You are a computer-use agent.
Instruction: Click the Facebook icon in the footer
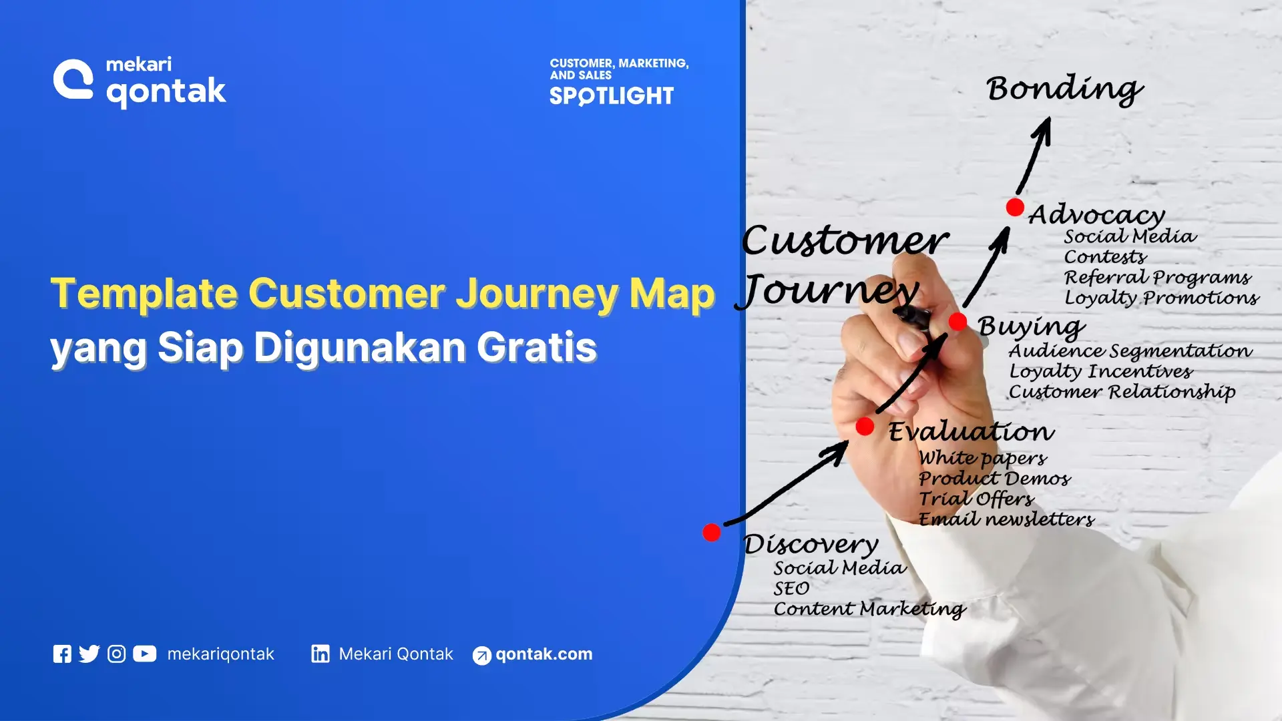tap(62, 654)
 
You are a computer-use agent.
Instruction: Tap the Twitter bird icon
tap(89, 654)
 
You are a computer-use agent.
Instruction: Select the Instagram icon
tap(116, 654)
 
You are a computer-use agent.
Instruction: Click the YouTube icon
tap(144, 654)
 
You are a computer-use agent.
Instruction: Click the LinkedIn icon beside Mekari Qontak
tap(320, 654)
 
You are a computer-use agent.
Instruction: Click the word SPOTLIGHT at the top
tap(612, 97)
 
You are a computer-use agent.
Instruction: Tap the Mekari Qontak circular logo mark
tap(73, 79)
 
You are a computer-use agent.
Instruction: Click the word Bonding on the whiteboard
tap(1064, 89)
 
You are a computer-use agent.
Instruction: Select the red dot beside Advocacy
tap(1015, 207)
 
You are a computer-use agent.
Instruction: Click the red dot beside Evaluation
tap(865, 427)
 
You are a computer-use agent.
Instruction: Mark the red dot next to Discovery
tap(712, 532)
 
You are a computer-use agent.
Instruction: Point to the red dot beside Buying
tap(957, 322)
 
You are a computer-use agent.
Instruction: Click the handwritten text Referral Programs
tap(1157, 278)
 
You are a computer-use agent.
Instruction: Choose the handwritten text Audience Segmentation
tap(1130, 351)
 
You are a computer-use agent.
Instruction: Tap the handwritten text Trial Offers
tap(976, 499)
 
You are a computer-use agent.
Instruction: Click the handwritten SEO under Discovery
tap(791, 589)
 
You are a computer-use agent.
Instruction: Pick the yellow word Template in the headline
tap(144, 294)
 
